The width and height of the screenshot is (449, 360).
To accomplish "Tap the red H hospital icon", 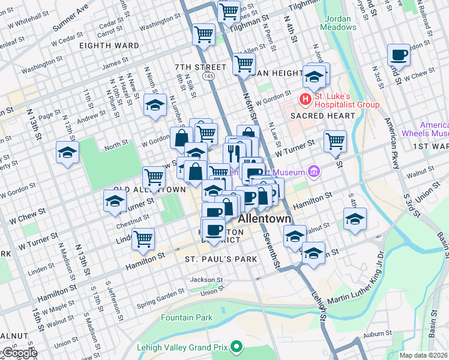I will [x=306, y=99].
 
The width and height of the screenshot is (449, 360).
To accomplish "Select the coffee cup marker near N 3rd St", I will [x=399, y=56].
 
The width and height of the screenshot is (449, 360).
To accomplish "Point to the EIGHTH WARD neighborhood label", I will [x=112, y=46].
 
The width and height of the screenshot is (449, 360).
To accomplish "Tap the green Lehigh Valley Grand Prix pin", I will [x=238, y=346].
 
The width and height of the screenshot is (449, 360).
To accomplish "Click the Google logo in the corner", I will [x=19, y=352].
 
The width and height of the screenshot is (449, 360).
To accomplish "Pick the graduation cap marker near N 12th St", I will [x=67, y=153].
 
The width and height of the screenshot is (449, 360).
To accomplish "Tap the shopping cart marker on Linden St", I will [x=143, y=238].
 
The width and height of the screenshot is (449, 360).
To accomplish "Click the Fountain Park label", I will [x=187, y=317].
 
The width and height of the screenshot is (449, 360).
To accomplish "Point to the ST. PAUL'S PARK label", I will [x=221, y=259].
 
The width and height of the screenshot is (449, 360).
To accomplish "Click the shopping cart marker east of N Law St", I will [x=335, y=142].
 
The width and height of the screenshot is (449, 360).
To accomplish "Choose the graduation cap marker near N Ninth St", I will [x=155, y=106].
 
